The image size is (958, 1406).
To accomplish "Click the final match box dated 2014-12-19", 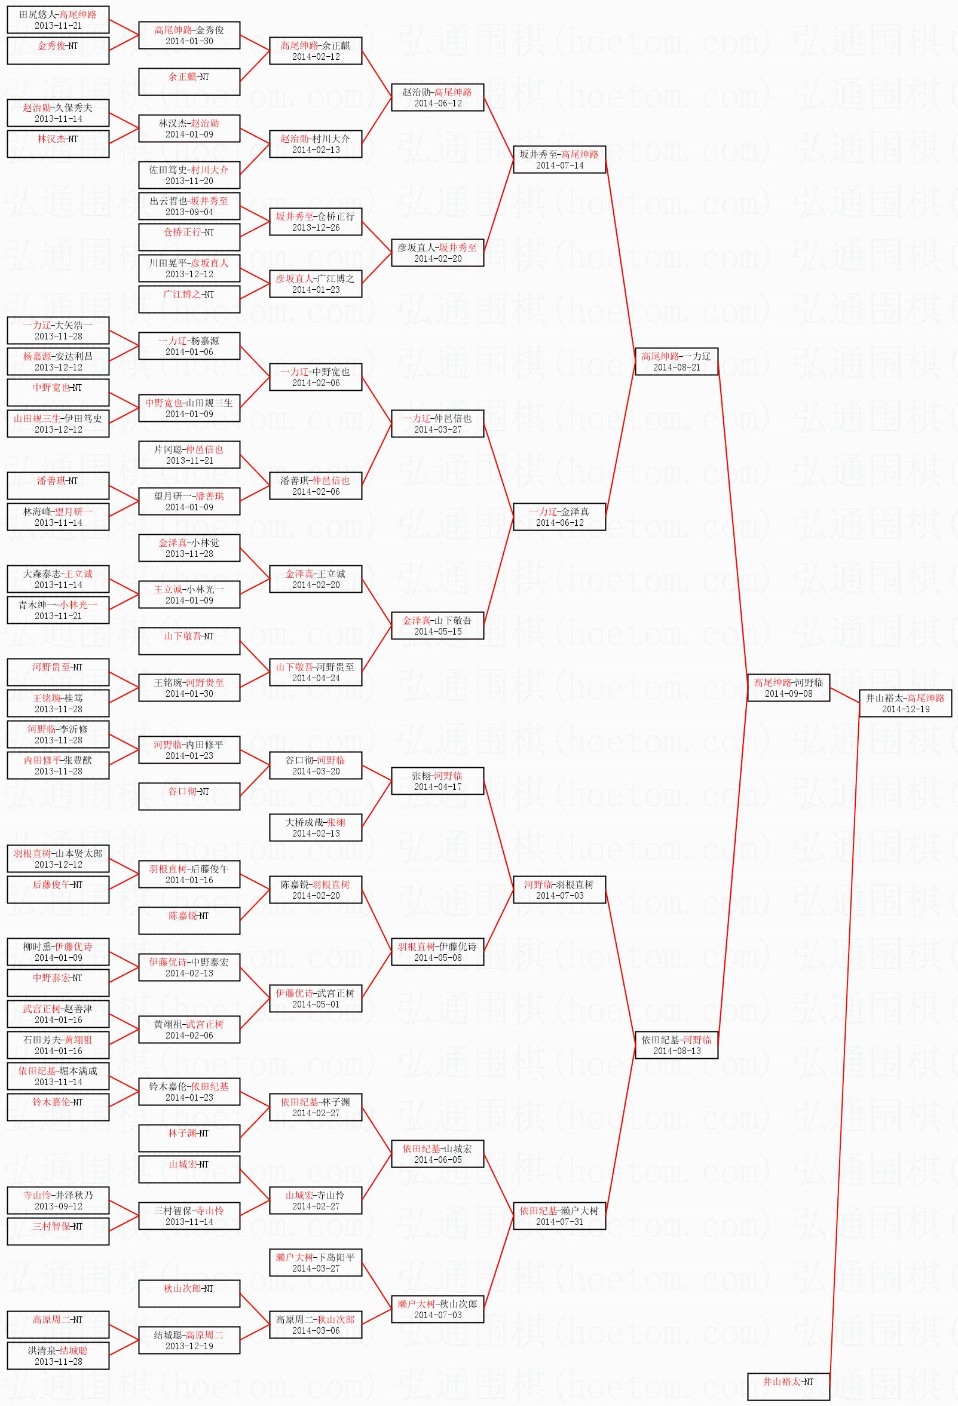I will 905,703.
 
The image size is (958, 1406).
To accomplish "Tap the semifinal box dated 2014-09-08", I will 788,687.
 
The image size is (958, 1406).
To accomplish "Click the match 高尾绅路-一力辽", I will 676,361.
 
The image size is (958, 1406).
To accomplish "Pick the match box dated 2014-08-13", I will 676,1045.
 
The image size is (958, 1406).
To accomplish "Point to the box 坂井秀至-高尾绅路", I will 559,159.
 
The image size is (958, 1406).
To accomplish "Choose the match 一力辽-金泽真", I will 559,517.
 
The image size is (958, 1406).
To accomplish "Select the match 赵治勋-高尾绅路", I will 437,97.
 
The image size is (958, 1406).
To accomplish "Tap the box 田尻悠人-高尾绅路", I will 58,19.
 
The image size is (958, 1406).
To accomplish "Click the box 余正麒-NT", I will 189,82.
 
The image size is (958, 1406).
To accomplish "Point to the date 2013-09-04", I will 189,212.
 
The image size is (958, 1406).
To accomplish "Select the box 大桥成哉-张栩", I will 316,827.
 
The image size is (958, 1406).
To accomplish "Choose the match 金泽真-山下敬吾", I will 437,625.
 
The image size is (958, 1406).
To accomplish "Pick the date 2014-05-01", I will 316,1004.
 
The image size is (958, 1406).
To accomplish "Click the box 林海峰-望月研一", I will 58,517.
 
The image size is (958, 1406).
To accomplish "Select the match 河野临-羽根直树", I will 559,889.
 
